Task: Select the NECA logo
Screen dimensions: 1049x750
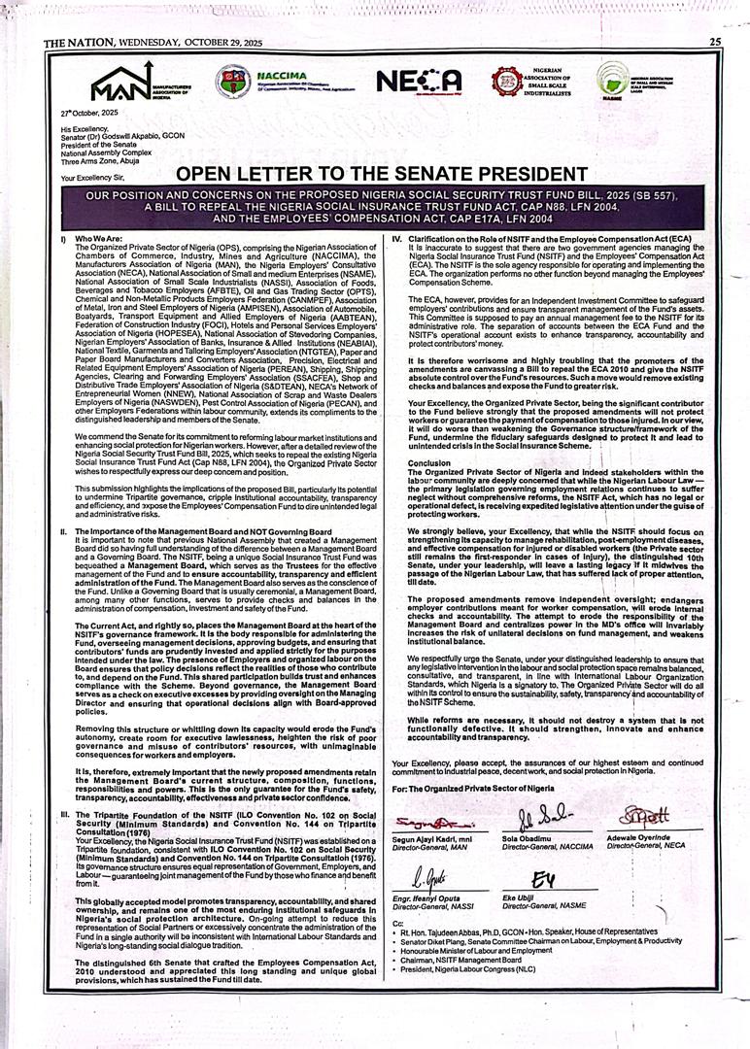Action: (x=419, y=82)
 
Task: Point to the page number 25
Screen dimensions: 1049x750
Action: (x=714, y=41)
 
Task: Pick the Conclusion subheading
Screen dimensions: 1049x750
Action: (x=428, y=462)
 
